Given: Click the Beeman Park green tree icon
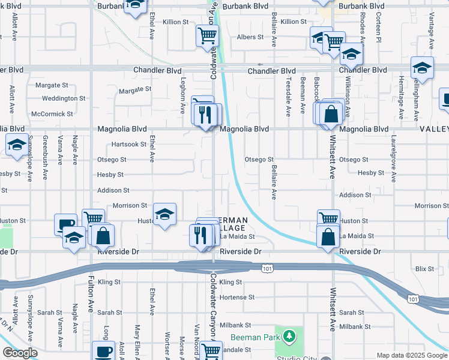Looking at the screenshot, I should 290,334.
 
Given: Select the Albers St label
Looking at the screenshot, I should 250,37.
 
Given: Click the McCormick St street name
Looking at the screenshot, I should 52,113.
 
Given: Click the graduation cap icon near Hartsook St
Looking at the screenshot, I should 17,145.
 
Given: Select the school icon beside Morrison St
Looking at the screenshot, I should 164,214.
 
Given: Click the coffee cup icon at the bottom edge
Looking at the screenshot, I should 103,351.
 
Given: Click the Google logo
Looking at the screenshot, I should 19,353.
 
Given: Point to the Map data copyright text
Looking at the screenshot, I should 412,356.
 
